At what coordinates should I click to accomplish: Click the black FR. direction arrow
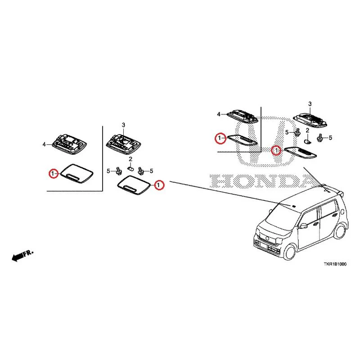pyautogui.click(x=17, y=256)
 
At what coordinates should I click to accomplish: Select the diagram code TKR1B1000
pyautogui.click(x=335, y=264)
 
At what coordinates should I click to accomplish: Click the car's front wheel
pyautogui.click(x=289, y=252)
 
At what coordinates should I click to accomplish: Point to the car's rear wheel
pyautogui.click(x=339, y=231)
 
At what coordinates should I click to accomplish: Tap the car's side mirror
pyautogui.click(x=303, y=226)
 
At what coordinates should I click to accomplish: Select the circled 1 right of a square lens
pyautogui.click(x=159, y=185)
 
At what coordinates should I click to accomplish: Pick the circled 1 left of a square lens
pyautogui.click(x=53, y=174)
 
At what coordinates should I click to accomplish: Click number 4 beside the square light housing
pyautogui.click(x=44, y=144)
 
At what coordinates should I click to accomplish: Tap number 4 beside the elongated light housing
pyautogui.click(x=219, y=114)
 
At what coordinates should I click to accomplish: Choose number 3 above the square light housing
pyautogui.click(x=123, y=125)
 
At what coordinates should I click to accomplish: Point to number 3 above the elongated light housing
pyautogui.click(x=310, y=104)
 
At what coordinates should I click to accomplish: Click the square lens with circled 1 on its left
pyautogui.click(x=76, y=174)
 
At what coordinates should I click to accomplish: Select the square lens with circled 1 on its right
pyautogui.click(x=134, y=185)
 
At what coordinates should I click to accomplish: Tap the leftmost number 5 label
pyautogui.click(x=108, y=171)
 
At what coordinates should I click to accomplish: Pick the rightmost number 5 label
pyautogui.click(x=330, y=138)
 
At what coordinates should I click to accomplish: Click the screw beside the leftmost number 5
pyautogui.click(x=119, y=171)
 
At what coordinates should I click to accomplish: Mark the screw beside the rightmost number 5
pyautogui.click(x=319, y=138)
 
